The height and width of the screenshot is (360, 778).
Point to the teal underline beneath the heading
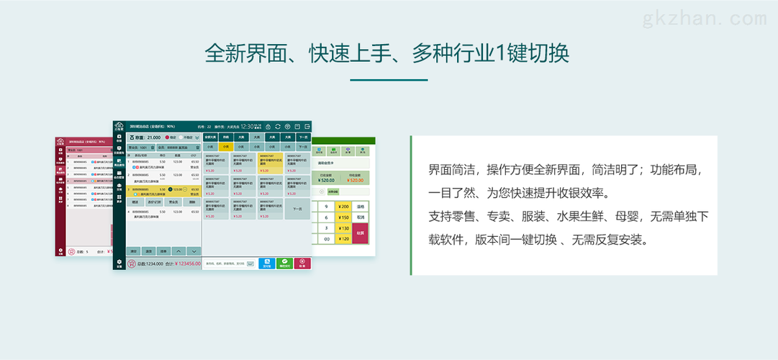pos(389,80)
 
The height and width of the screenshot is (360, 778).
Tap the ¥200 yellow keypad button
pos(343,206)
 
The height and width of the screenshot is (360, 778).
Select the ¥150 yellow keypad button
pos(343,217)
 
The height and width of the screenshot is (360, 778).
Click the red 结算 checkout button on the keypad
pos(361,233)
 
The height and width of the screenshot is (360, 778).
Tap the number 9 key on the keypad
pos(326,206)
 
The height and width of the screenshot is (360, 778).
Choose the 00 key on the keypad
pos(326,238)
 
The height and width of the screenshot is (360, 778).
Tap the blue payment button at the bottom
pos(266,264)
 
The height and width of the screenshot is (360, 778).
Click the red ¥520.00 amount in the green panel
pos(353,181)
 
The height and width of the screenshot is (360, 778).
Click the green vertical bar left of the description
pos(411,205)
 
